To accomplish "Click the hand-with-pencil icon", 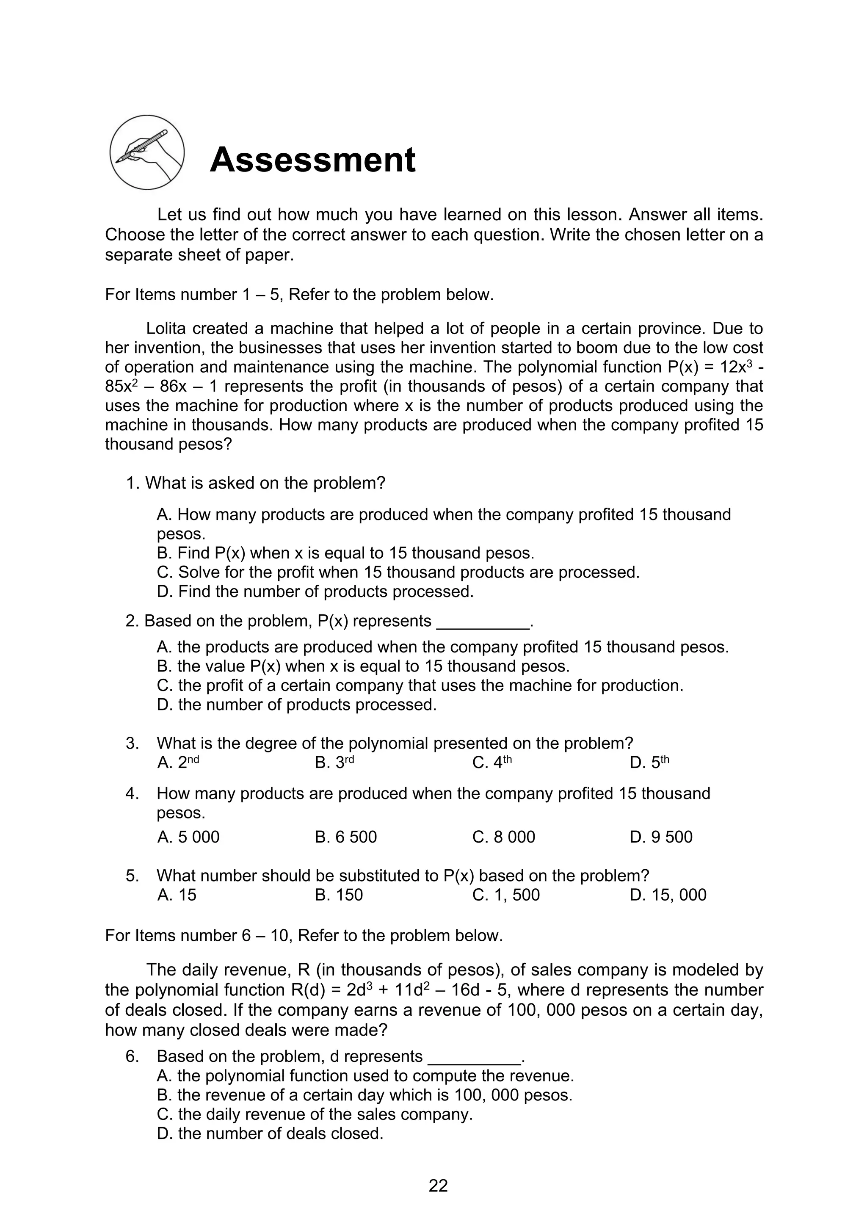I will [x=147, y=152].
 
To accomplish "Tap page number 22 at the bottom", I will [x=438, y=1186].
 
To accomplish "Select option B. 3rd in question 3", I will [x=334, y=763].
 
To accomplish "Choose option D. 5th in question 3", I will [x=649, y=763].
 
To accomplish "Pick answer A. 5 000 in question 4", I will [x=188, y=836].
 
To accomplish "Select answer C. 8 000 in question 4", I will [x=503, y=836].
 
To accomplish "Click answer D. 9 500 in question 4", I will [x=661, y=836].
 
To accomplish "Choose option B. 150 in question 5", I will [x=339, y=895].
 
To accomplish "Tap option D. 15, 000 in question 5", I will [x=668, y=895].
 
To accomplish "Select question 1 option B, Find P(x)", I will [x=345, y=553].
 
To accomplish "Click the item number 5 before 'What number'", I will [x=132, y=875].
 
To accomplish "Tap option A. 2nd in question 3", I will [x=178, y=763].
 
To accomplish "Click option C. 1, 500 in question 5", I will [x=506, y=895].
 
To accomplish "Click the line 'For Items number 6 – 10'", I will [x=304, y=935].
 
